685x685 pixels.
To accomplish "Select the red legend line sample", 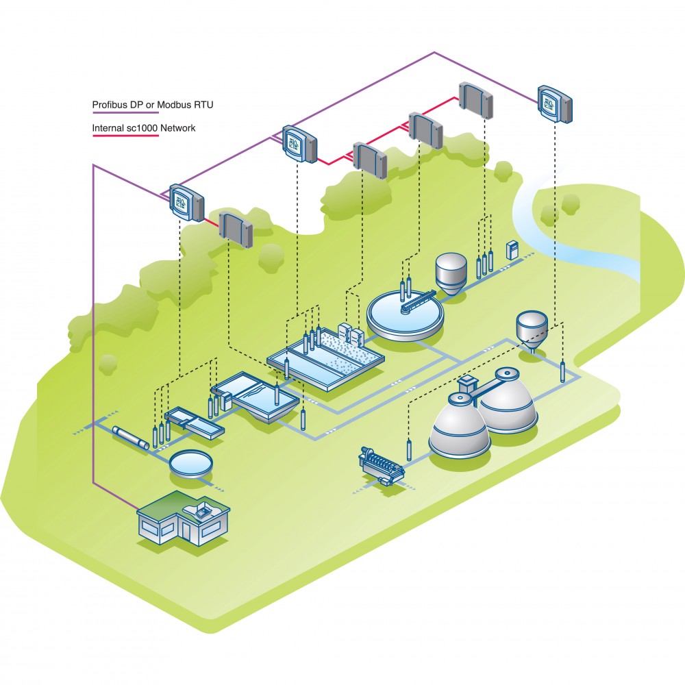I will coord(125,136).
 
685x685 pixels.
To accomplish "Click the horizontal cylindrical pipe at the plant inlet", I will coord(130,438).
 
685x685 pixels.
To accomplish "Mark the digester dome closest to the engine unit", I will coord(458,427).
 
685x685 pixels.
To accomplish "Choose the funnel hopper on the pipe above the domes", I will coord(532,327).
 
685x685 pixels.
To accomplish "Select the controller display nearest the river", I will coord(554,103).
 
